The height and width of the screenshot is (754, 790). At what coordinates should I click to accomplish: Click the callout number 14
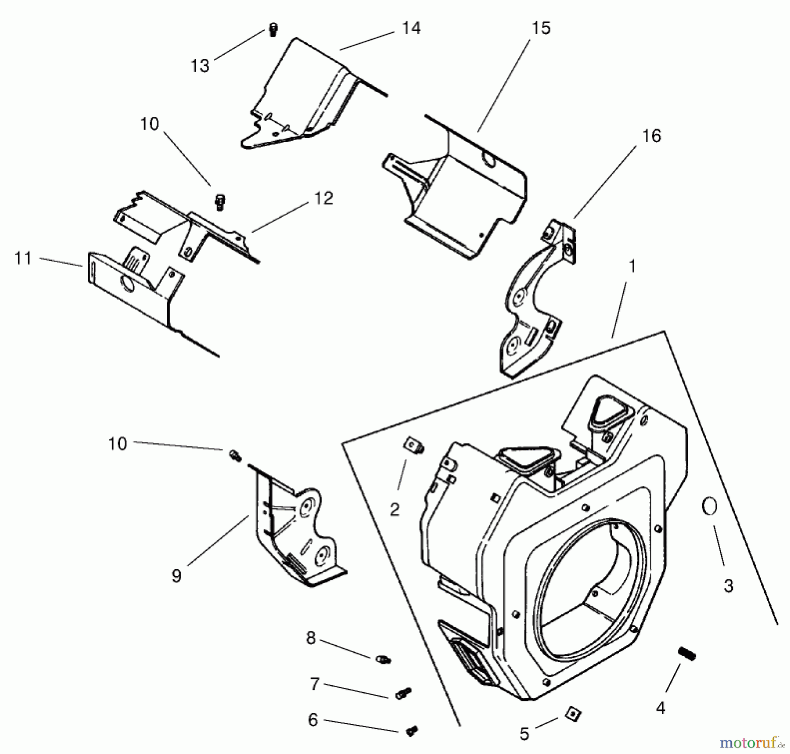pyautogui.click(x=411, y=28)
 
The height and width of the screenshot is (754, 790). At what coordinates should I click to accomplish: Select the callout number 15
pyautogui.click(x=541, y=28)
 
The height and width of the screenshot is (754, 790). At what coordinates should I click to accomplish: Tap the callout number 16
pyautogui.click(x=651, y=136)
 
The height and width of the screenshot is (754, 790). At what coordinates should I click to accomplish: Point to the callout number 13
pyautogui.click(x=200, y=66)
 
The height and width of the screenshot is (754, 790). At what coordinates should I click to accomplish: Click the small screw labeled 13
pyautogui.click(x=273, y=29)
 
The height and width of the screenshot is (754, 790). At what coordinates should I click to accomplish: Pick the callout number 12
pyautogui.click(x=323, y=198)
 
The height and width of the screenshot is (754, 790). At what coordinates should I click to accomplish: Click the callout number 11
pyautogui.click(x=23, y=258)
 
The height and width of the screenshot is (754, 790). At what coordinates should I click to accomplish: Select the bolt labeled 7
pyautogui.click(x=403, y=693)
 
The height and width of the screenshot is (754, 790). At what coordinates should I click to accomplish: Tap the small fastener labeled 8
pyautogui.click(x=383, y=659)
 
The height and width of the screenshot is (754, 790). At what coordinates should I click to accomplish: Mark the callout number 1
pyautogui.click(x=632, y=266)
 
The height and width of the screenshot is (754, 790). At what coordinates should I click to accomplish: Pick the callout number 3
pyautogui.click(x=728, y=585)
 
